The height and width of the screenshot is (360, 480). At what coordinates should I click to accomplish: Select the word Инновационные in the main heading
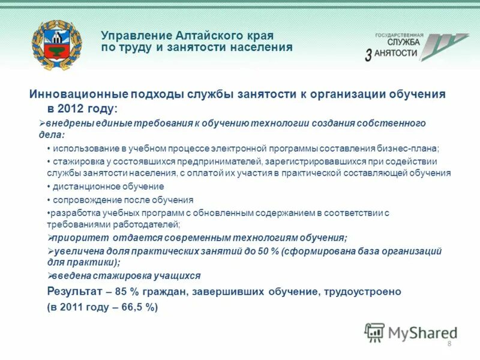point(74,95)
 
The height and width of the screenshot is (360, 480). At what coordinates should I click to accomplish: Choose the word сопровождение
point(81,200)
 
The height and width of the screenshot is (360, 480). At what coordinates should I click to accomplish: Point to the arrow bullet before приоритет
point(50,238)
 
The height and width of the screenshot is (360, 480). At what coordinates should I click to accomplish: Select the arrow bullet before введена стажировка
point(50,276)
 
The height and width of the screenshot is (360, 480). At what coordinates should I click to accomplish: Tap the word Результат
point(73,292)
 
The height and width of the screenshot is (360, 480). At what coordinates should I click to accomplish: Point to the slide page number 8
point(449,343)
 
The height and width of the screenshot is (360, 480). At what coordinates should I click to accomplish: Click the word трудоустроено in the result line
point(362,292)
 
